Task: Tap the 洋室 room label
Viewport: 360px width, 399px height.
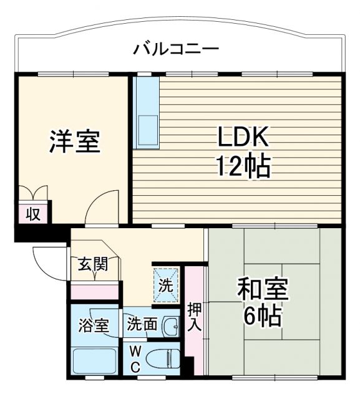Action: pos(74,142)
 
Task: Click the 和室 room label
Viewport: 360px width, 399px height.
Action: pos(263,291)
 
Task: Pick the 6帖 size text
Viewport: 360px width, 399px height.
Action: pos(262,317)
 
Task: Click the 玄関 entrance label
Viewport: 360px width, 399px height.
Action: pos(92,264)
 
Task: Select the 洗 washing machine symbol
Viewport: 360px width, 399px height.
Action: pos(165,286)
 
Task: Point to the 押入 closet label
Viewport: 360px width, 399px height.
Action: pos(194,317)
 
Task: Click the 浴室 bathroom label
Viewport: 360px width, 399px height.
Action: pos(93,325)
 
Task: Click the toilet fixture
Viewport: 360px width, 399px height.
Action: pos(163,358)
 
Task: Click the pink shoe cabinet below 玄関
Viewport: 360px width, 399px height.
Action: pos(94,290)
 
